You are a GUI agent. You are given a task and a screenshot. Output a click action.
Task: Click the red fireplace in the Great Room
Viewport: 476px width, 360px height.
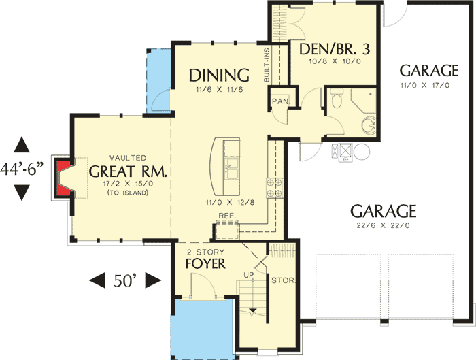63,178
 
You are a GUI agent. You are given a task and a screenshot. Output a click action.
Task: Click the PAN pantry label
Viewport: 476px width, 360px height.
279,101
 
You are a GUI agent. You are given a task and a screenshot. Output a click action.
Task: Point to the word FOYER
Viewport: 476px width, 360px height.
205,262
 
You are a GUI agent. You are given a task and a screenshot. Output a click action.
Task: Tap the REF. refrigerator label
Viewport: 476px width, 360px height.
226,217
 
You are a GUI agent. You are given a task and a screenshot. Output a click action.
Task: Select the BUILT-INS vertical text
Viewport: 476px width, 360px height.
267,64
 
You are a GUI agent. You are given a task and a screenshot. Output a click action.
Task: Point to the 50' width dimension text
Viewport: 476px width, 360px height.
124,279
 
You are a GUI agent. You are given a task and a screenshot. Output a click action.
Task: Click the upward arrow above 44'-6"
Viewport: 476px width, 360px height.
22,144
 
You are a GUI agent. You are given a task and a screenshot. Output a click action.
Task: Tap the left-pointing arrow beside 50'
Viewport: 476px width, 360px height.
97,280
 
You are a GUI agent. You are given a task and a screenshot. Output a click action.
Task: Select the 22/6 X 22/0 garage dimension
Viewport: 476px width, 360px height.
383,225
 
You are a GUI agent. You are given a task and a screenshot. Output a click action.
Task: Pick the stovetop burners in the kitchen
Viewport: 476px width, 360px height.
273,188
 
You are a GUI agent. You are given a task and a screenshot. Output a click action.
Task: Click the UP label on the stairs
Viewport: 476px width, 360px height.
249,274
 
